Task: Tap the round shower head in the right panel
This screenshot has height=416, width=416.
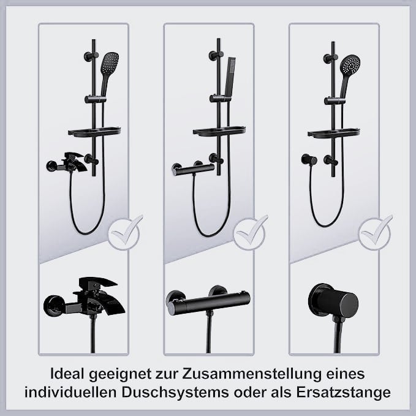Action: [350, 65]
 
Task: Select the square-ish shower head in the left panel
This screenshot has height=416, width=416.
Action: [110, 61]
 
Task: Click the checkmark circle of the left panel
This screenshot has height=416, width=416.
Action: [124, 234]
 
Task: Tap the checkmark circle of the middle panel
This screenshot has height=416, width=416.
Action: [249, 234]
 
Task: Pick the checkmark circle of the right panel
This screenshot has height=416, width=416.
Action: [374, 234]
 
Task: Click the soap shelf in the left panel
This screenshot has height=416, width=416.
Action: [94, 132]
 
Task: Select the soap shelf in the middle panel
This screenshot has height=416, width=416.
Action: [219, 132]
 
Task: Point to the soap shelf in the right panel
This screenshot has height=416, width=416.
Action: [334, 132]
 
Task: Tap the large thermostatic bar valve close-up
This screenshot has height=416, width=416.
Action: [208, 301]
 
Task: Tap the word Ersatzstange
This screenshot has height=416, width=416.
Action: [343, 393]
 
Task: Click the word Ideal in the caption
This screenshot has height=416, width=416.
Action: [67, 374]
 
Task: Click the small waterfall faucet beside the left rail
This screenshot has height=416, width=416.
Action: [67, 162]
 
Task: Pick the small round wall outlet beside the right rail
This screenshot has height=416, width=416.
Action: [309, 159]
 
